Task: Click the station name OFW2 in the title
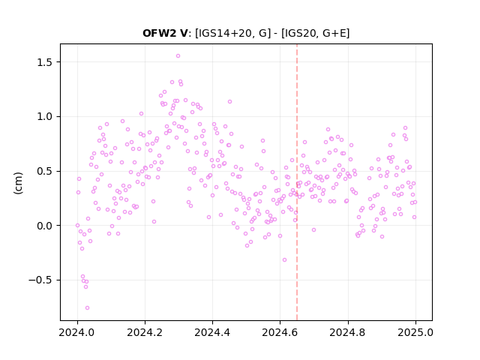click(x=160, y=33)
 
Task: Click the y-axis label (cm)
click(x=18, y=183)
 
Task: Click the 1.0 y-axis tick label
click(x=46, y=117)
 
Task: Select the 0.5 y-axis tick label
click(x=46, y=171)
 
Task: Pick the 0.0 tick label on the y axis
click(x=46, y=226)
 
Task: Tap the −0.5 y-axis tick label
click(x=43, y=280)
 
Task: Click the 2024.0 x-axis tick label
click(x=77, y=332)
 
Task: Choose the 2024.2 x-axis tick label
click(x=145, y=332)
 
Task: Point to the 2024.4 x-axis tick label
click(x=212, y=332)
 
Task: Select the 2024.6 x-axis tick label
click(x=280, y=332)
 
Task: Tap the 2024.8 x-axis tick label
click(x=348, y=332)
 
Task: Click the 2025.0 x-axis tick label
click(x=415, y=332)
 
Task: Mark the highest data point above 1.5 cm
click(x=178, y=55)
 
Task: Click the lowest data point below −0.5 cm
click(x=87, y=307)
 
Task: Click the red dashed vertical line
click(x=297, y=182)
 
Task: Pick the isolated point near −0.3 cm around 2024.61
click(x=284, y=259)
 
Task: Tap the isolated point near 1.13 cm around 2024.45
click(x=229, y=102)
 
